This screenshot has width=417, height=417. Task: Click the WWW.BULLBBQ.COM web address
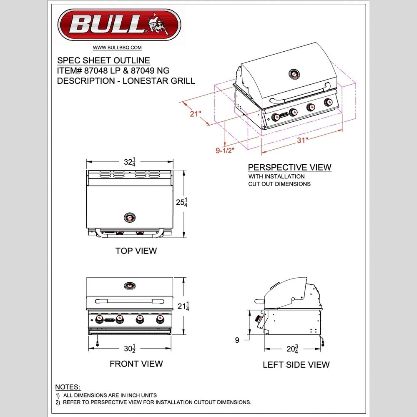117,48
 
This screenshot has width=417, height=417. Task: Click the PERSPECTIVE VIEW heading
289,167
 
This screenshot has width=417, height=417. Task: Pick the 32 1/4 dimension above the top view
130,162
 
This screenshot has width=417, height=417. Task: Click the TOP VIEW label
136,251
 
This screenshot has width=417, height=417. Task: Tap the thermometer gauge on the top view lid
130,217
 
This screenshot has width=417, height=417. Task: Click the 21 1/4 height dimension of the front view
183,306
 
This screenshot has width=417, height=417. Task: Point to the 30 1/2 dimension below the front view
130,349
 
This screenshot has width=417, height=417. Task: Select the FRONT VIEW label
136,364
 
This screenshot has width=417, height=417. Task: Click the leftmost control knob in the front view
100,319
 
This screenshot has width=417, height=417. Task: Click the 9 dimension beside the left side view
237,340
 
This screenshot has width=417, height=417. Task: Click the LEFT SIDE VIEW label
296,365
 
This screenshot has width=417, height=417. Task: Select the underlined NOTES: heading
68,387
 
